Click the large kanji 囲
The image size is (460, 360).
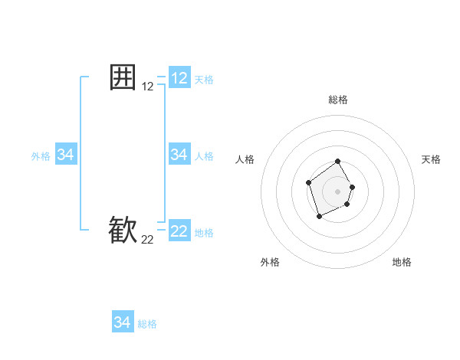(x=123, y=77)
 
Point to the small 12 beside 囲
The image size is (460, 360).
(x=148, y=87)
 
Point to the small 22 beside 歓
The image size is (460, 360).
(x=148, y=240)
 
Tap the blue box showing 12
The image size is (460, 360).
(x=179, y=78)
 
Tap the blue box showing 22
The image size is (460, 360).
(x=179, y=231)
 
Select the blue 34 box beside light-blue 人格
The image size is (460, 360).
(x=179, y=155)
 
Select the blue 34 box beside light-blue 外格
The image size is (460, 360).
(x=66, y=155)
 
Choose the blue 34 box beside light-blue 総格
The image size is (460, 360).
(x=123, y=322)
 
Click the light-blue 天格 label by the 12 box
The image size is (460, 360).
(x=204, y=80)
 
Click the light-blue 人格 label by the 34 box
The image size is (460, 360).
(x=204, y=156)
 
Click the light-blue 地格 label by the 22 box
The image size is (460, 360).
(x=204, y=232)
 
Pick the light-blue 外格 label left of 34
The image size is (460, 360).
(x=41, y=156)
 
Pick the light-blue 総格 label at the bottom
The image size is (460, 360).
(x=147, y=324)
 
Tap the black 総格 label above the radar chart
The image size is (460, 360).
(x=338, y=100)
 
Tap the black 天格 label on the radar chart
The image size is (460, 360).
(x=431, y=159)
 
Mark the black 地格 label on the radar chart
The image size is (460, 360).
(x=402, y=262)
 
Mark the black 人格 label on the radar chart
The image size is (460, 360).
(x=245, y=159)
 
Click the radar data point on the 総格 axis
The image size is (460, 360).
(x=338, y=162)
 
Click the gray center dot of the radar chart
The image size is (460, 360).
(x=338, y=191)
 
